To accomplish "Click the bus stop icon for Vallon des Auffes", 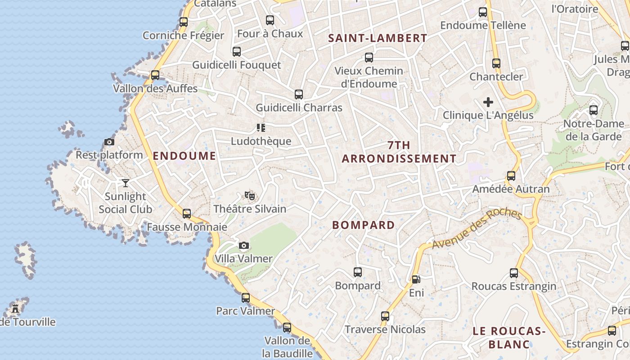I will pyautogui.click(x=155, y=75).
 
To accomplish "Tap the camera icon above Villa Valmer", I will pyautogui.click(x=244, y=245).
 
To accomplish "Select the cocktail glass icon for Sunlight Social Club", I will pyautogui.click(x=126, y=183).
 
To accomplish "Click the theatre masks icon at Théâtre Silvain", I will pyautogui.click(x=250, y=195).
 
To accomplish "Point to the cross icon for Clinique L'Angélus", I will pyautogui.click(x=488, y=102).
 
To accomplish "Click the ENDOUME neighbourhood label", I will pyautogui.click(x=184, y=156).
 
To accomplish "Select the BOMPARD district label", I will pyautogui.click(x=364, y=225).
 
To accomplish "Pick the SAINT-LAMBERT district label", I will pyautogui.click(x=378, y=38).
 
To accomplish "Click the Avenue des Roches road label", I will pyautogui.click(x=477, y=229).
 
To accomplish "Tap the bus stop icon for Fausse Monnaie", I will pyautogui.click(x=187, y=214).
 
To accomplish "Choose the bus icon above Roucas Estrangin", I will pyautogui.click(x=514, y=273).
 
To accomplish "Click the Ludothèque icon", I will pyautogui.click(x=261, y=128).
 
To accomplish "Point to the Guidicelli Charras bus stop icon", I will pyautogui.click(x=299, y=94).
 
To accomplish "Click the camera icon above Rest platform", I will pyautogui.click(x=109, y=142).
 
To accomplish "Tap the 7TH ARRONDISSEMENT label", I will pyautogui.click(x=399, y=152).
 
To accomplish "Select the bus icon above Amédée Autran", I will pyautogui.click(x=511, y=176).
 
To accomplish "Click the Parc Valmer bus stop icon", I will pyautogui.click(x=246, y=297).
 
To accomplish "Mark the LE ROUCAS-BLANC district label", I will pyautogui.click(x=509, y=338).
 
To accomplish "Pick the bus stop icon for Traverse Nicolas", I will pyautogui.click(x=385, y=316).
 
